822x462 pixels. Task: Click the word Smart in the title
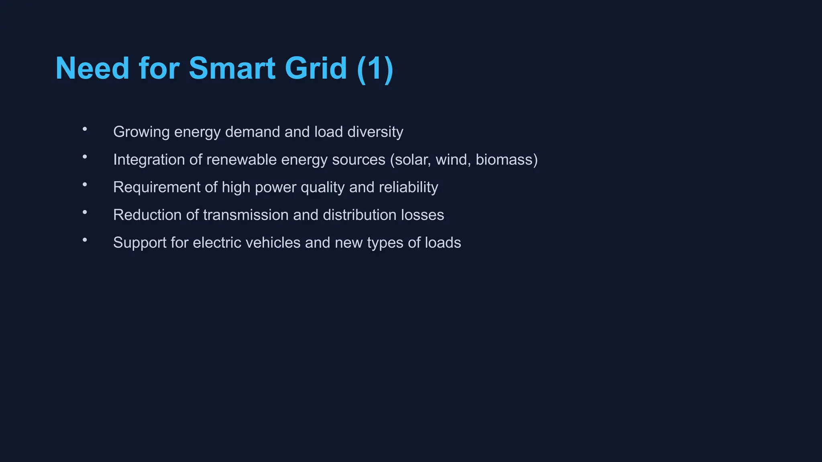coord(232,68)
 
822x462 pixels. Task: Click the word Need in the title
coord(92,68)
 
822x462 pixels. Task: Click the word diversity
coord(375,132)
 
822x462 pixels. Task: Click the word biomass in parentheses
coord(504,160)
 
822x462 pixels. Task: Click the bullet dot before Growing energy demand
coord(85,129)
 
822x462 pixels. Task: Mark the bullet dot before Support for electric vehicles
coord(85,240)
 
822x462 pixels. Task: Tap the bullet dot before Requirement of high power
coord(85,184)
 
